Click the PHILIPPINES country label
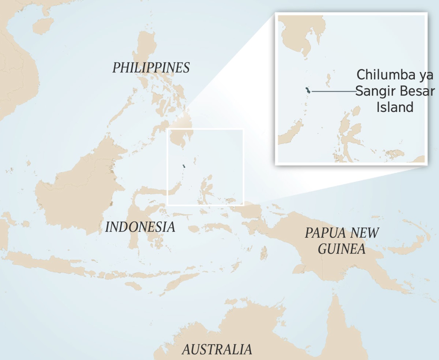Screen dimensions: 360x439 151,68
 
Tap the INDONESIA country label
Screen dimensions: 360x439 140,227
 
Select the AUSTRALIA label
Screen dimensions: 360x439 217,350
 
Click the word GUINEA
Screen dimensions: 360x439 341,249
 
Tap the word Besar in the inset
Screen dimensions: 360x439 417,91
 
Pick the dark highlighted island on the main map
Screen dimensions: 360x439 184,166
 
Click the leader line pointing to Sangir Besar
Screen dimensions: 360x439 333,91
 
